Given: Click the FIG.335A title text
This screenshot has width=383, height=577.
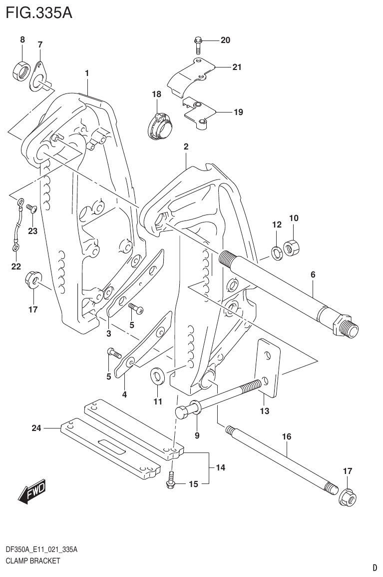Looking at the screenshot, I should click(39, 12).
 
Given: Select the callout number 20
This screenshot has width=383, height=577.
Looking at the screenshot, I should click(225, 40).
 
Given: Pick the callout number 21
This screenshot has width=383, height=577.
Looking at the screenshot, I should click(237, 67).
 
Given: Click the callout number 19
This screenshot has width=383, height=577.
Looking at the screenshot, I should click(238, 112).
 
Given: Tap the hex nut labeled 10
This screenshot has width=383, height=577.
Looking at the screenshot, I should click(291, 246).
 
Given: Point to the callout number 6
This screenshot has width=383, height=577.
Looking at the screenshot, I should click(313, 274).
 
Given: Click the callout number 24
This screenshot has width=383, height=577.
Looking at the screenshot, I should click(35, 427).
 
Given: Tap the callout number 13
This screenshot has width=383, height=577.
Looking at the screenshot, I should click(264, 411).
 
